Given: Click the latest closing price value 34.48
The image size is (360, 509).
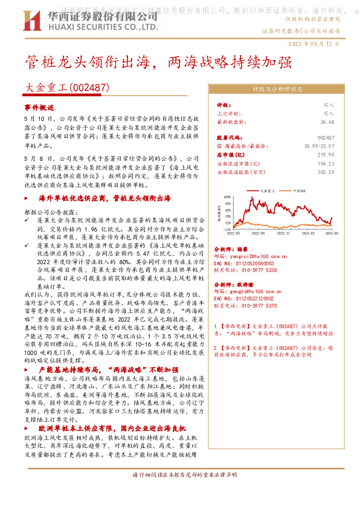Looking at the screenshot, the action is (x=327, y=122).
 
